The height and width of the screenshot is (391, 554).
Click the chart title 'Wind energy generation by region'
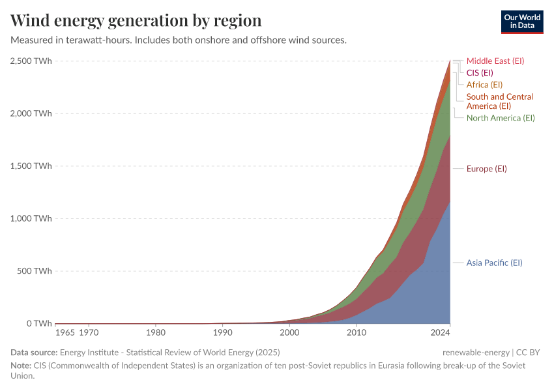[x=136, y=20]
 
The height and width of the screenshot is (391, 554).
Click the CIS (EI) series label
[x=480, y=72]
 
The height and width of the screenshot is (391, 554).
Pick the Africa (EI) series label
[x=484, y=85]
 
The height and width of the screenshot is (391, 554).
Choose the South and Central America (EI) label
[x=499, y=101]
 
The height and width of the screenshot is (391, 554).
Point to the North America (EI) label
[x=501, y=118]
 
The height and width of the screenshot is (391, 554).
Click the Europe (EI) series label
[x=486, y=169]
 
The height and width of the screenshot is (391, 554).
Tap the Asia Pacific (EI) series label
[x=494, y=263]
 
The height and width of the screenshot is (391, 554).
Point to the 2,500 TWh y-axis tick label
[x=31, y=61]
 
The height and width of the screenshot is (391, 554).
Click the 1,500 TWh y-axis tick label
[x=31, y=166]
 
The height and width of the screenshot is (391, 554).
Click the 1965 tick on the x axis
[x=65, y=333]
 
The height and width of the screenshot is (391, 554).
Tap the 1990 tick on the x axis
[x=222, y=333]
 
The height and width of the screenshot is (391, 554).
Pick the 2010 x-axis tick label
[x=356, y=333]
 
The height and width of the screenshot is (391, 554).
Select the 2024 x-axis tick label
[x=441, y=333]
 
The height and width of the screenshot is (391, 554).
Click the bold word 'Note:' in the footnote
[x=21, y=366]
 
